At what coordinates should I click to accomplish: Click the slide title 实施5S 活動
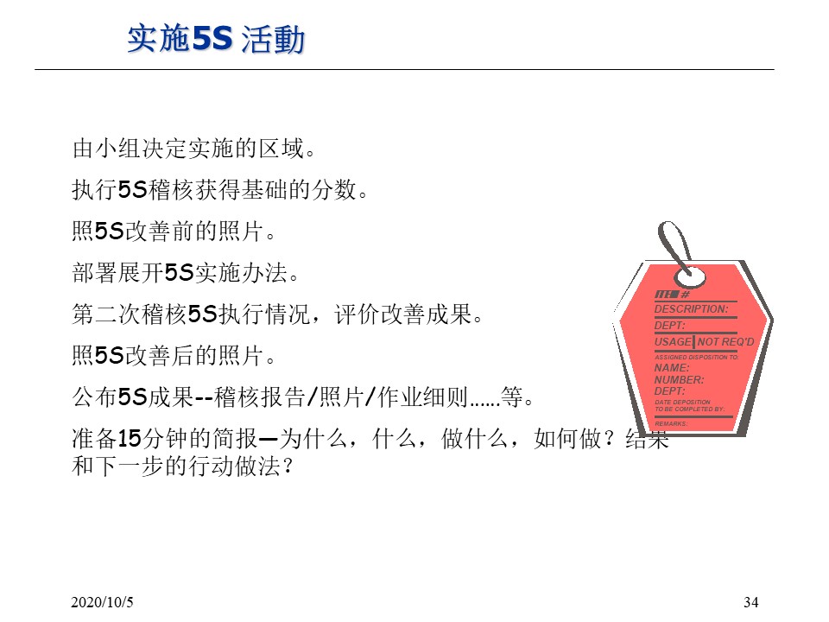(216, 40)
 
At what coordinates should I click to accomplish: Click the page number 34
(750, 601)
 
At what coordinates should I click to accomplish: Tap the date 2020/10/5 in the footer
(102, 601)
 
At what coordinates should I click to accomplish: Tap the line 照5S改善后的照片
(173, 356)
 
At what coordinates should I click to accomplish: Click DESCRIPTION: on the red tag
(691, 308)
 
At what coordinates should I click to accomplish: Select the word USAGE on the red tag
(673, 342)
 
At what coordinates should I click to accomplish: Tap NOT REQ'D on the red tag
(725, 342)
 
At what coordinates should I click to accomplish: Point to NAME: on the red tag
(672, 368)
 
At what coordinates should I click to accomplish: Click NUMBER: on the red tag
(679, 379)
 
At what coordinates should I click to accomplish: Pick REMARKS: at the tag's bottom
(671, 424)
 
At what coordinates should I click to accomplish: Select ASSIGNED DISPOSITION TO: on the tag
(696, 357)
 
